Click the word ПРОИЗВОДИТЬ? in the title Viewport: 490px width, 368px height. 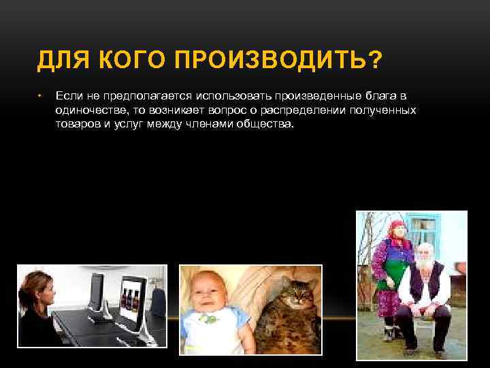(x=285, y=62)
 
